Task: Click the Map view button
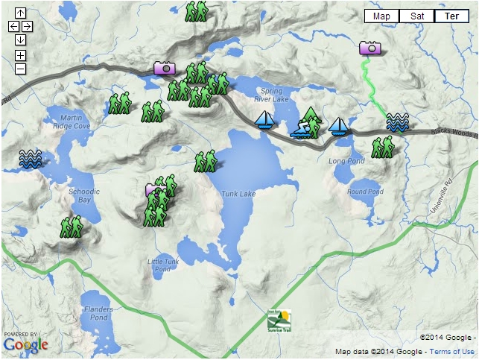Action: coord(381,16)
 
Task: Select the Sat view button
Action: coord(417,16)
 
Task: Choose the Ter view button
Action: coord(451,16)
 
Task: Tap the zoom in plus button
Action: coord(20,55)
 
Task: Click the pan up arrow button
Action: coord(20,13)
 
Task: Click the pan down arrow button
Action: coord(20,40)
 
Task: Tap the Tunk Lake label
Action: coord(238,195)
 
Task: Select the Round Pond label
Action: coord(365,192)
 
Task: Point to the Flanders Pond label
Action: coord(98,313)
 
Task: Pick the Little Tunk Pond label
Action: coord(163,265)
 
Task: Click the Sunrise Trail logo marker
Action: coord(279,320)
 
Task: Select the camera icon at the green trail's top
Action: coord(370,48)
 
